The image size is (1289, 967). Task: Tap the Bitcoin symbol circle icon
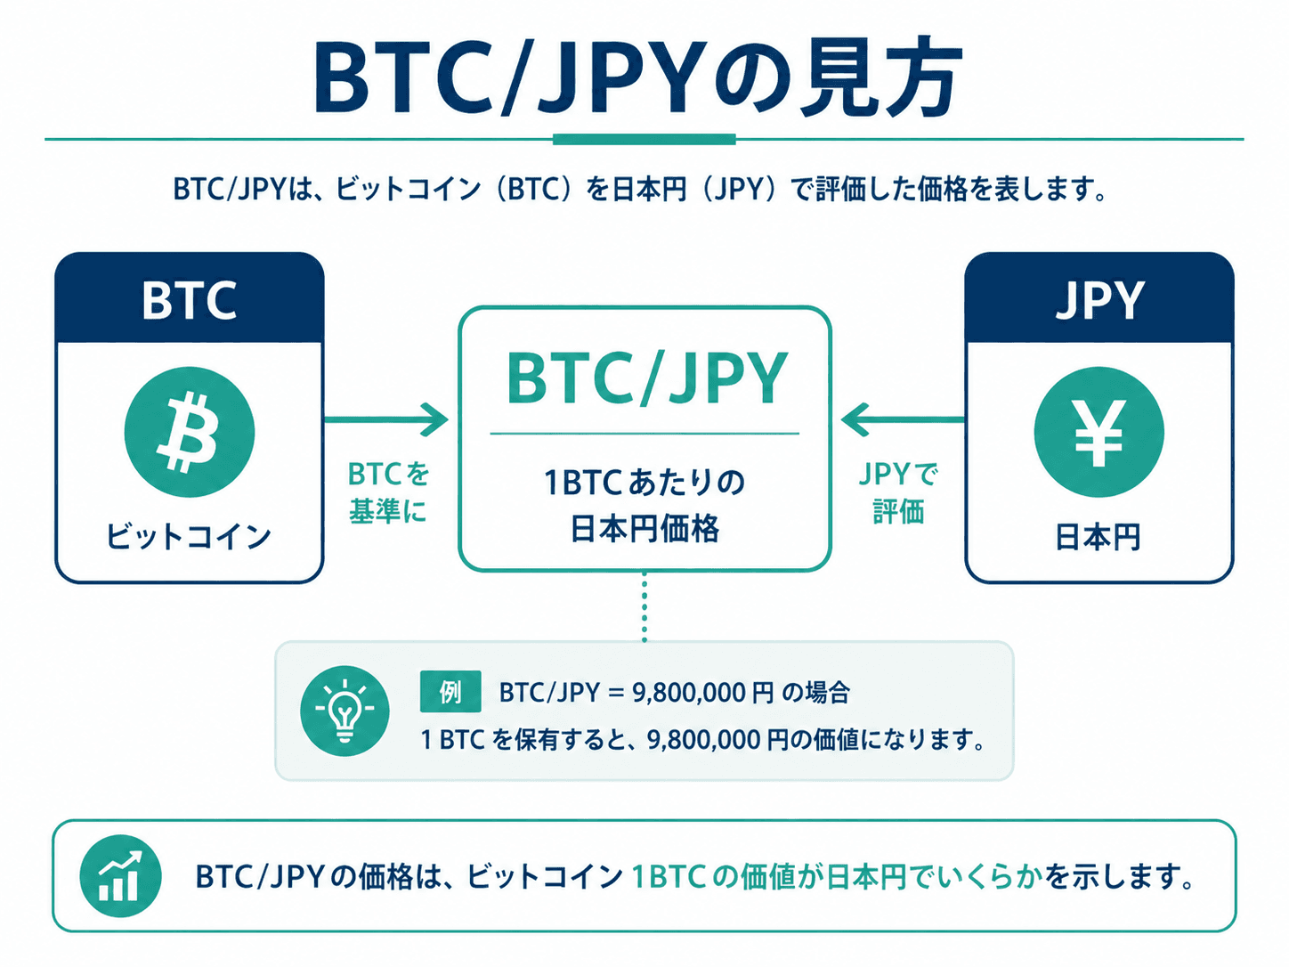click(x=189, y=432)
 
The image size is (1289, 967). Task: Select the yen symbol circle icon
click(x=1098, y=432)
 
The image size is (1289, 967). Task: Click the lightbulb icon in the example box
click(x=345, y=711)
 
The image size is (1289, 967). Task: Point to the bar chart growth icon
click(x=120, y=876)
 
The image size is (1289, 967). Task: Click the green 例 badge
click(x=450, y=692)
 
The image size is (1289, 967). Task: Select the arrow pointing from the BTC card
click(x=386, y=419)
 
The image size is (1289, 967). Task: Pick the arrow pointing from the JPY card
click(x=903, y=419)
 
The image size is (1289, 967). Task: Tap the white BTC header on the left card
click(x=189, y=301)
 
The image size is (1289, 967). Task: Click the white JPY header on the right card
click(x=1099, y=301)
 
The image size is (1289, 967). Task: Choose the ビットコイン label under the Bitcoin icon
click(x=189, y=536)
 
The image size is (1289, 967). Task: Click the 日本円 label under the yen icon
click(x=1098, y=537)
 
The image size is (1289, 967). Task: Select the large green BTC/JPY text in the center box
click(x=646, y=378)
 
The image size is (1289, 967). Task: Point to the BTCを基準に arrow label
click(x=389, y=492)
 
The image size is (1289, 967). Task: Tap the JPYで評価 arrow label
click(x=898, y=492)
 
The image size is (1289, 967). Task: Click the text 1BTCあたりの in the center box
click(x=644, y=482)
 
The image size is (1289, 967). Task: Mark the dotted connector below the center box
click(x=644, y=606)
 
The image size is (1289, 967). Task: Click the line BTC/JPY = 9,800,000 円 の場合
click(x=674, y=693)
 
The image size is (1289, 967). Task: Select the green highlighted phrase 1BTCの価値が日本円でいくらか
click(x=838, y=876)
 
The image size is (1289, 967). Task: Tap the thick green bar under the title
click(x=644, y=139)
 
